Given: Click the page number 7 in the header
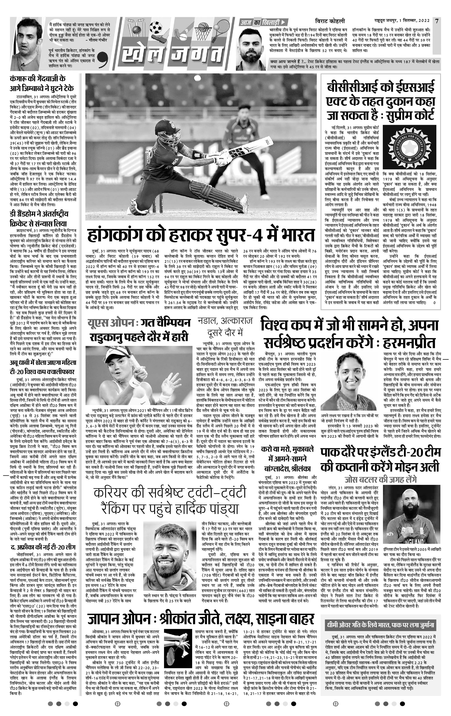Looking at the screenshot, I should (x=436, y=21).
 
